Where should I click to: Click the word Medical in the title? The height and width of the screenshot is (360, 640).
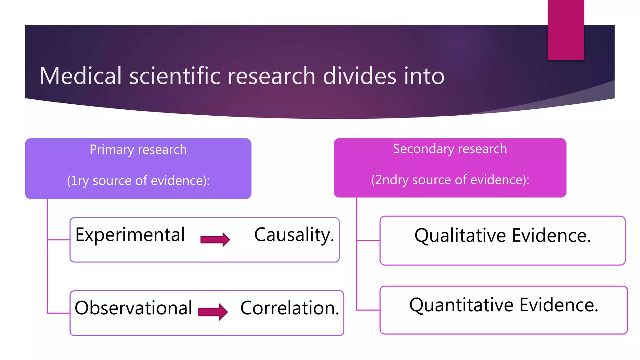click(x=81, y=76)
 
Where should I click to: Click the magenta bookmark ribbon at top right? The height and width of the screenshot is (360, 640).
click(x=566, y=30)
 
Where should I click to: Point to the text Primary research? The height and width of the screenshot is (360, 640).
click(x=138, y=150)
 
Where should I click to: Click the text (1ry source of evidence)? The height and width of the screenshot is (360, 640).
click(x=138, y=181)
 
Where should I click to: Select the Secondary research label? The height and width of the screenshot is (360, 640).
click(x=450, y=149)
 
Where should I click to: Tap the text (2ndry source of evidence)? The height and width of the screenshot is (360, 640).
click(x=450, y=180)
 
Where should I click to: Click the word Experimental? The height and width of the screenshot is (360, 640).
click(x=130, y=235)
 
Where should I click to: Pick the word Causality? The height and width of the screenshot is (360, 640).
click(x=294, y=235)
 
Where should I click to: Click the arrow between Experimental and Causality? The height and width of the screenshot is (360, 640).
click(x=215, y=239)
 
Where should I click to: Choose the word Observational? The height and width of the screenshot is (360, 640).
click(x=133, y=308)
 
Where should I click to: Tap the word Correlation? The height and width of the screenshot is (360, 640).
click(x=289, y=308)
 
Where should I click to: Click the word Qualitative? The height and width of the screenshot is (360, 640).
click(x=460, y=236)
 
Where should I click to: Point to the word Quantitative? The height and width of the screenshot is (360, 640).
click(x=461, y=305)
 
